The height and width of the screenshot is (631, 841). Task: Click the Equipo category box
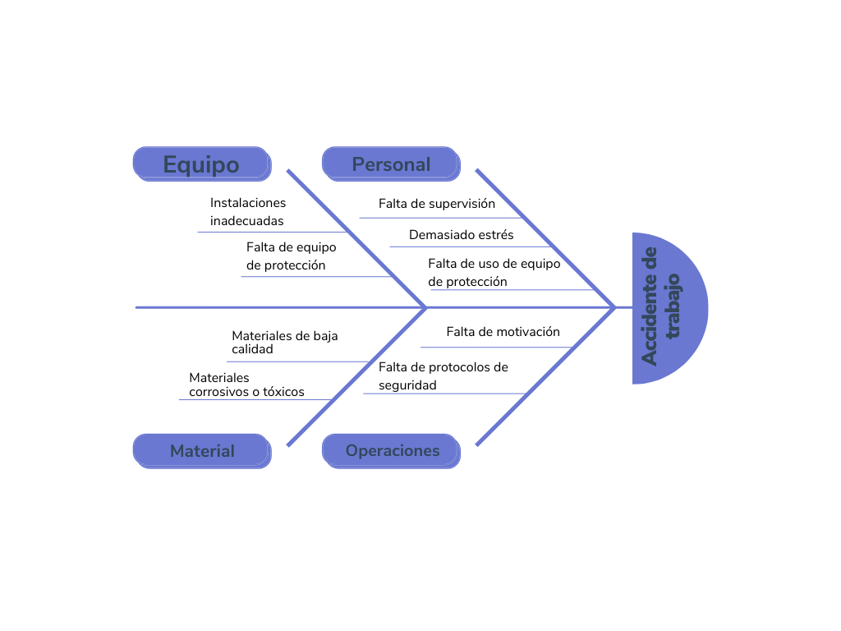pos(201,164)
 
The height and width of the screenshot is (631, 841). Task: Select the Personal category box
pos(391,164)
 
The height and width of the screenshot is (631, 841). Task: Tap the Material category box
pos(202,451)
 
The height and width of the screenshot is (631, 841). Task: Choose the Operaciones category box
pos(392,451)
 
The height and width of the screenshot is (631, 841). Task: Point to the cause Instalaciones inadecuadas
pos(248,211)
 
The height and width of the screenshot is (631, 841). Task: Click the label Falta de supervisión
pos(437,203)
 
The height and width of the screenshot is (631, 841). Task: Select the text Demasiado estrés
pos(462,235)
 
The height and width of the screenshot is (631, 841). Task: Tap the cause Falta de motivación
pos(503,332)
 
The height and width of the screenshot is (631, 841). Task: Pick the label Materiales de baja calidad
pos(284,342)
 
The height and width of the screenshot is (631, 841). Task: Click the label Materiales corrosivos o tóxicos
pos(246,385)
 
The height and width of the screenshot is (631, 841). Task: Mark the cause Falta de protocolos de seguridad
pos(443,375)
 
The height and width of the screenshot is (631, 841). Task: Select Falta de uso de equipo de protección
pos(494,272)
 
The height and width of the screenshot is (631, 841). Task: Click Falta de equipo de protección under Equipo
pos(291,256)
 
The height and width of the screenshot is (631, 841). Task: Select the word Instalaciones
pos(248,203)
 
